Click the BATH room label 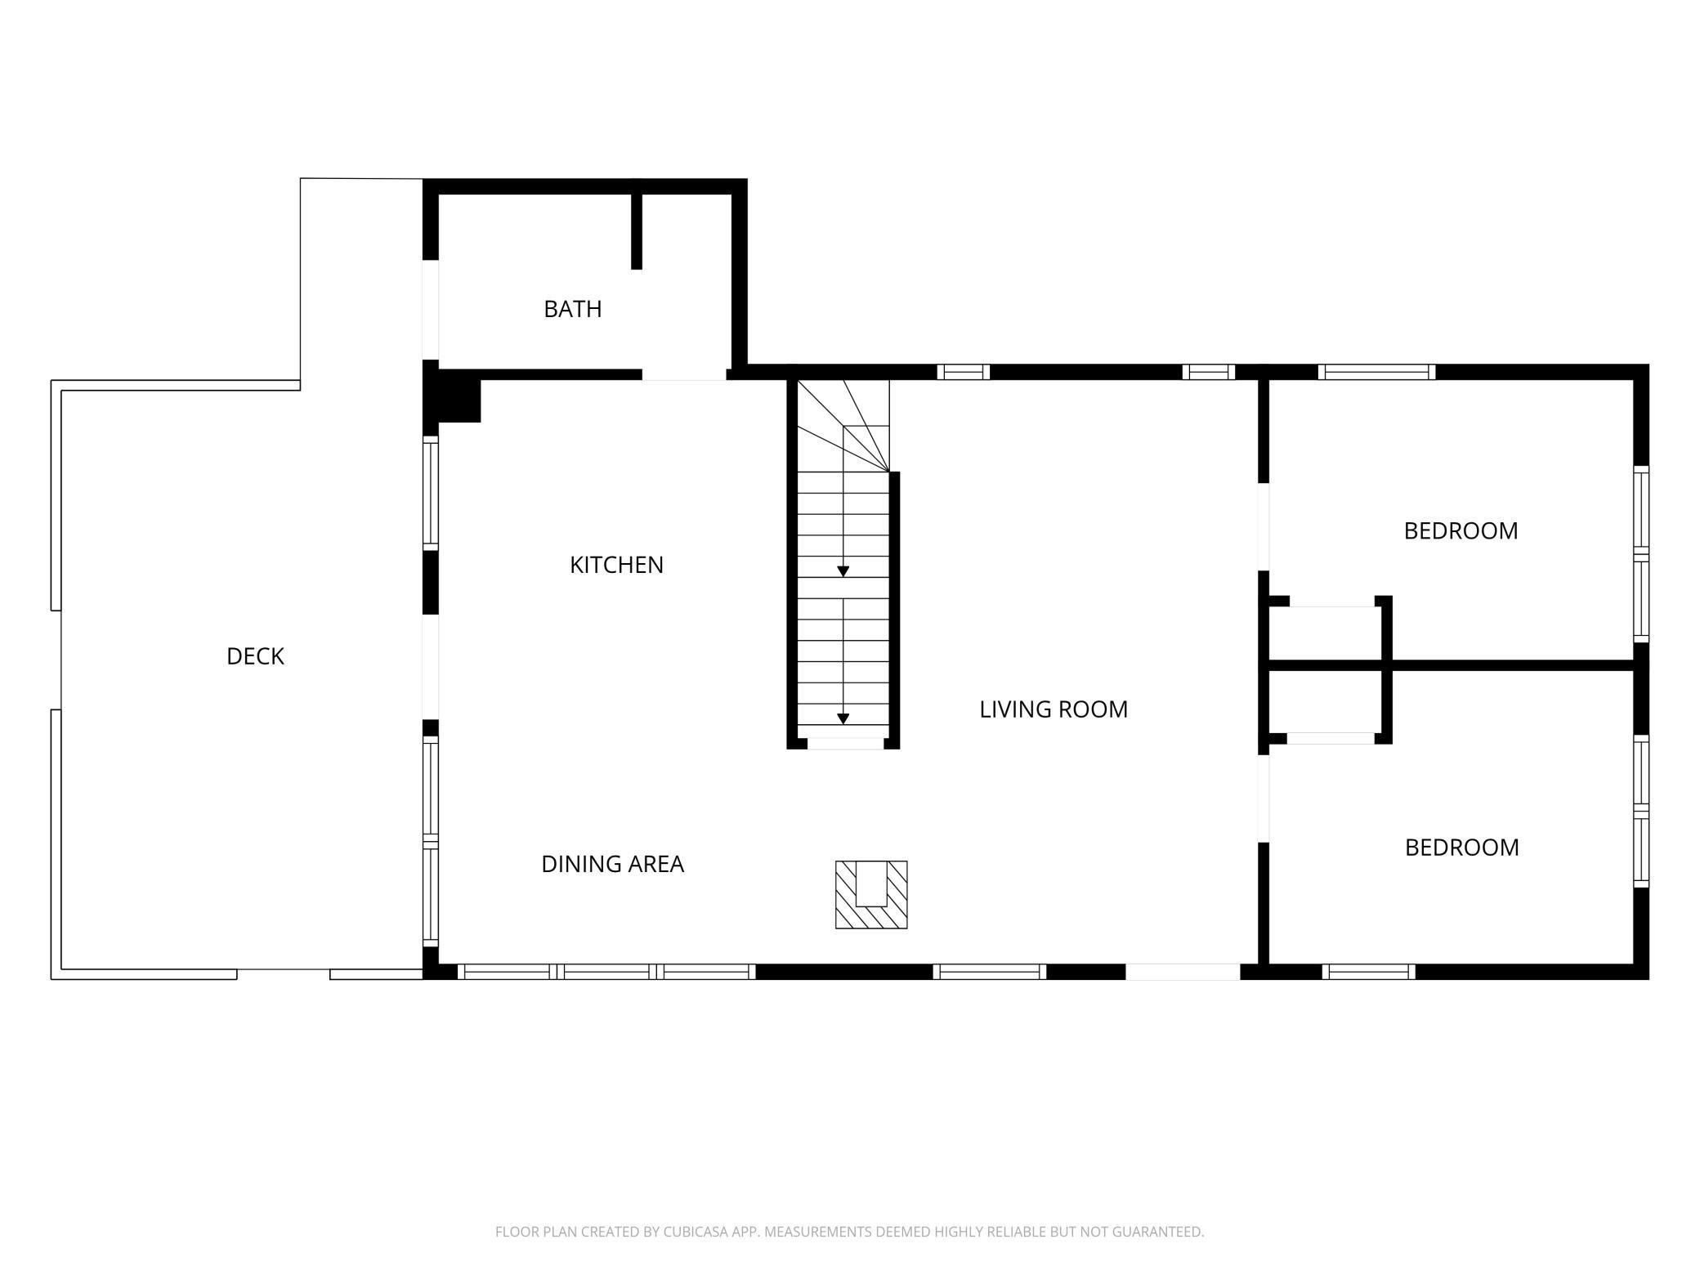[x=572, y=309]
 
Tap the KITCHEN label [x=616, y=565]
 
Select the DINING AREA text [x=612, y=864]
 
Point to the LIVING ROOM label [x=1054, y=709]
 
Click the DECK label [x=255, y=656]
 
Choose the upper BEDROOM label [x=1461, y=531]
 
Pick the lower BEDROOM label [x=1461, y=848]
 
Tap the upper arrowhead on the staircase [x=843, y=571]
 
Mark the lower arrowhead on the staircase [x=843, y=719]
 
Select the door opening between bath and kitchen [x=684, y=374]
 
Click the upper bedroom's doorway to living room [x=1263, y=526]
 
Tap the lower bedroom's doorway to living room [x=1263, y=799]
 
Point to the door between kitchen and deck [x=431, y=667]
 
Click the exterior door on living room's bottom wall [x=1183, y=972]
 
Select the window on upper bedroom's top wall [x=1376, y=372]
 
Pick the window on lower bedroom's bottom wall [x=1369, y=972]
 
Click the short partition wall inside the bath [x=637, y=231]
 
